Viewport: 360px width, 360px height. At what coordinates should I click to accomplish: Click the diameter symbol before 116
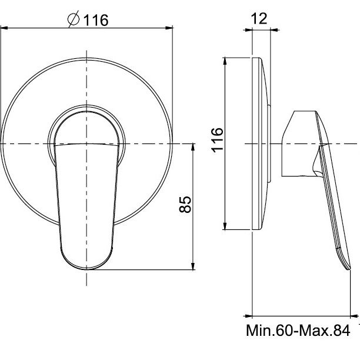tap(74, 19)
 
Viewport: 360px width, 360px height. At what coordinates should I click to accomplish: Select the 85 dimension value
tap(185, 204)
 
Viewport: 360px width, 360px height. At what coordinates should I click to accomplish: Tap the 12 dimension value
tap(259, 18)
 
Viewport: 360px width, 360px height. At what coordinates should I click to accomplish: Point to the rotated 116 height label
tap(217, 140)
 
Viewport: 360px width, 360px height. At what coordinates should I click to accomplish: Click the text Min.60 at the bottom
tap(269, 331)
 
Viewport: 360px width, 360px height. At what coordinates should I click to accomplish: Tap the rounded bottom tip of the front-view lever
tap(86, 269)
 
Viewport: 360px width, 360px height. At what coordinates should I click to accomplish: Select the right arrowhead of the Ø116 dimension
tap(169, 28)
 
